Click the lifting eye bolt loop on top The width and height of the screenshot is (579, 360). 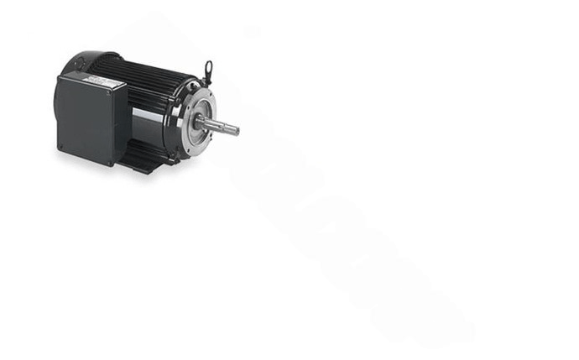207,66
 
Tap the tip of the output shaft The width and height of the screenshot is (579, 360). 236,130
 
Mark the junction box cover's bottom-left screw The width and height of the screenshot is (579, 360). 60,150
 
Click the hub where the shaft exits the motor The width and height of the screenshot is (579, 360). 201,122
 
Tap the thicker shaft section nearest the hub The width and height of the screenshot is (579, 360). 211,125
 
